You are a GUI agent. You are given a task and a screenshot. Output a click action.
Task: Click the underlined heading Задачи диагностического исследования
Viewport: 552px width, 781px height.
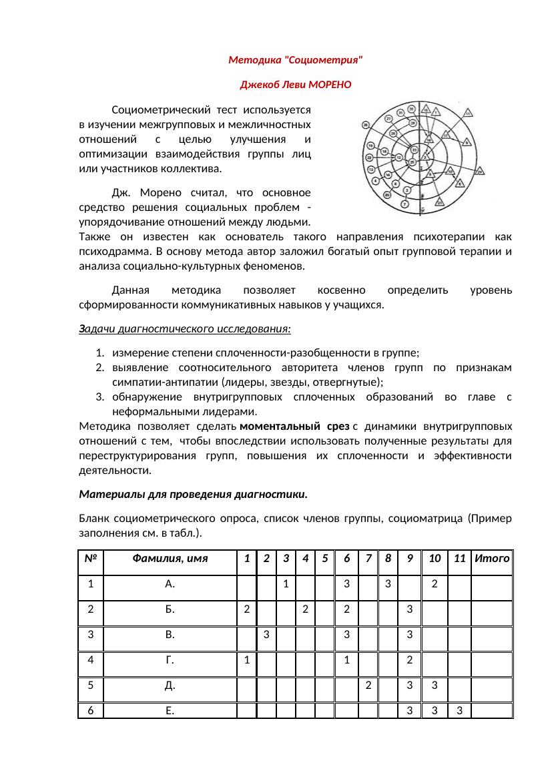tap(185, 329)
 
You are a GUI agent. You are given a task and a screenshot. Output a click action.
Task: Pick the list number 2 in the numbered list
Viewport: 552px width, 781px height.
tap(99, 368)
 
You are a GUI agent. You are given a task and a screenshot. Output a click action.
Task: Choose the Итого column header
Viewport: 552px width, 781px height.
tap(492, 558)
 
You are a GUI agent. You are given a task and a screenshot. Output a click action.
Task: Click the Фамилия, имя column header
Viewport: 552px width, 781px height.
tap(170, 558)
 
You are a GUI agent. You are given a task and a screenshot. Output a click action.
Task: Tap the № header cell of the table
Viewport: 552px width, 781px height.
tap(91, 558)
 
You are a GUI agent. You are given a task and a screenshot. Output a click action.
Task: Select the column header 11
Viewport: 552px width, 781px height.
tap(459, 558)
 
